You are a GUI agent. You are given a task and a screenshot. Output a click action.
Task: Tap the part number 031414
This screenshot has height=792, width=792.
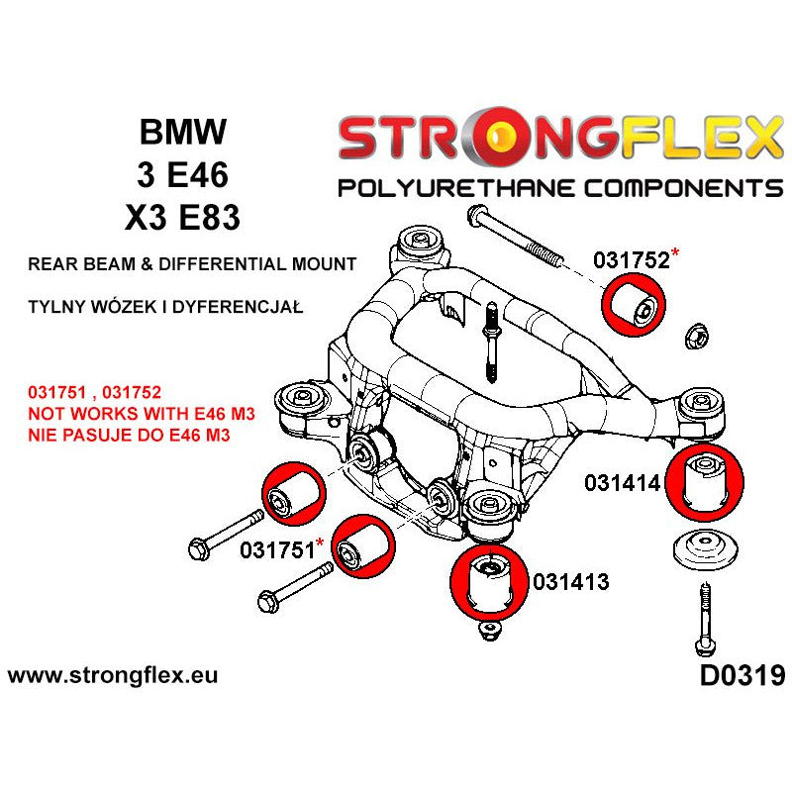pyautogui.click(x=628, y=483)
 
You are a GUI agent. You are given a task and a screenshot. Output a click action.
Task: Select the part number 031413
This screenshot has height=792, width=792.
pyautogui.click(x=570, y=582)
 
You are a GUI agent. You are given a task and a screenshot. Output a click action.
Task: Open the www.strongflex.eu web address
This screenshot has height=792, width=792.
pyautogui.click(x=112, y=677)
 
